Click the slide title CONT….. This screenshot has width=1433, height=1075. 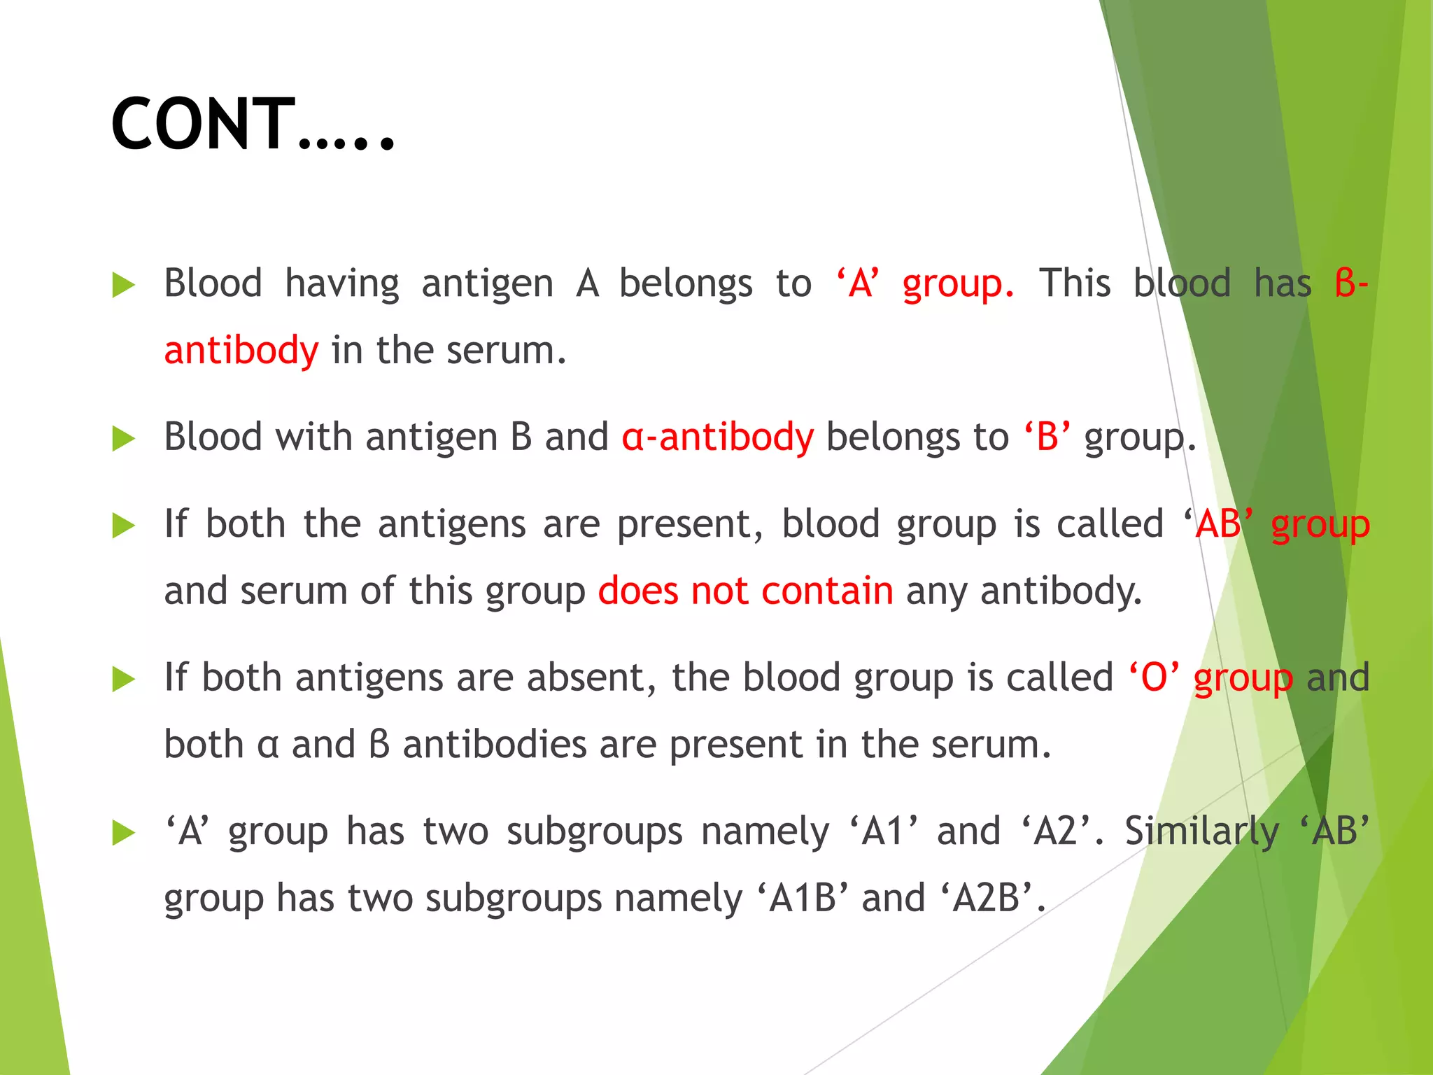[253, 125]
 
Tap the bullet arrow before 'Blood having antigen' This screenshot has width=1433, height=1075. [123, 286]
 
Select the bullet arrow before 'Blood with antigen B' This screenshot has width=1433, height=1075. [123, 439]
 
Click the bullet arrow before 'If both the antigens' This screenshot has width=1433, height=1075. [123, 526]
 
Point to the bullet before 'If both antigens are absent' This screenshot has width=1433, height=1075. [123, 679]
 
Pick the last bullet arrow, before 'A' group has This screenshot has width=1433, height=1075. [123, 833]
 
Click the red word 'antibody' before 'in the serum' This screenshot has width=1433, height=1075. [241, 350]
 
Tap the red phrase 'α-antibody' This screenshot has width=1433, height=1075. [718, 437]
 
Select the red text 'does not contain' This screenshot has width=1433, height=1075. [746, 591]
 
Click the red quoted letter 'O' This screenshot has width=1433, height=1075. [1154, 677]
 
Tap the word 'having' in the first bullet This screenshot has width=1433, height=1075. [342, 284]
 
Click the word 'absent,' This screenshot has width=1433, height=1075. [592, 677]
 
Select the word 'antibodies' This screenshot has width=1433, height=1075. [495, 744]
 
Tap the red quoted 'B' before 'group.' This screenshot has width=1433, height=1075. [1047, 437]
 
